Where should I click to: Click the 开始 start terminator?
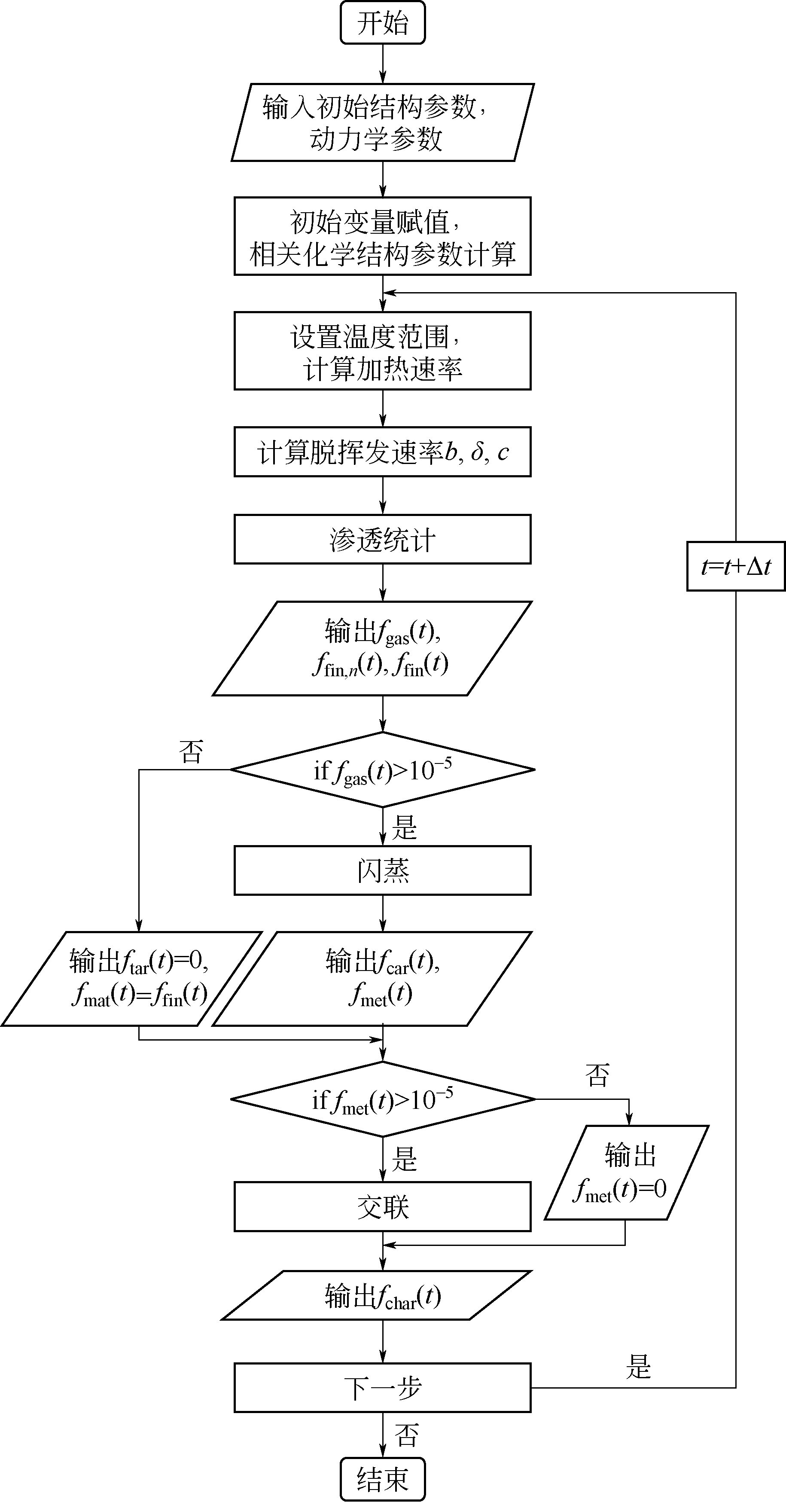(x=383, y=23)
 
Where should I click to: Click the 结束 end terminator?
(x=383, y=1479)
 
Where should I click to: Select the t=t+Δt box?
(x=736, y=566)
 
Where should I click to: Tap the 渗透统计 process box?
(x=383, y=539)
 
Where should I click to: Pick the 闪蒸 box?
(x=383, y=870)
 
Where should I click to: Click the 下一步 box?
(x=383, y=1388)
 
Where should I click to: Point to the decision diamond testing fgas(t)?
(x=383, y=769)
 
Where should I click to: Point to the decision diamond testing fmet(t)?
(x=383, y=1099)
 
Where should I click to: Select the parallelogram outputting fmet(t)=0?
(x=626, y=1172)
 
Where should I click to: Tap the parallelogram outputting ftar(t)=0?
(x=132, y=978)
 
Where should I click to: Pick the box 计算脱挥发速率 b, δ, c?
(x=383, y=452)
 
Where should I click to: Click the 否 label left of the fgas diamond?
(x=191, y=751)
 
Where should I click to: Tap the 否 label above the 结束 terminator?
(x=406, y=1435)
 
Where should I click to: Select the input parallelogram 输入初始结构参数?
(x=383, y=122)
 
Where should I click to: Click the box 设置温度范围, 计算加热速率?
(x=383, y=351)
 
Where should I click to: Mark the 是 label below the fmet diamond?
(x=404, y=1159)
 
